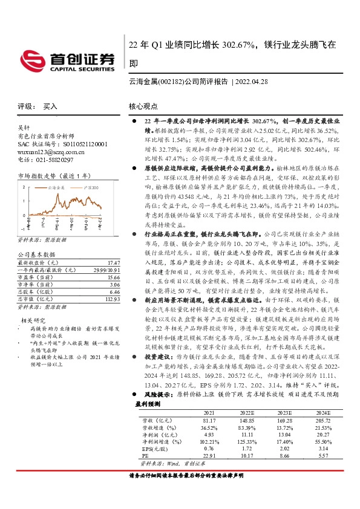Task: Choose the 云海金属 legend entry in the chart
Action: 59,188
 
